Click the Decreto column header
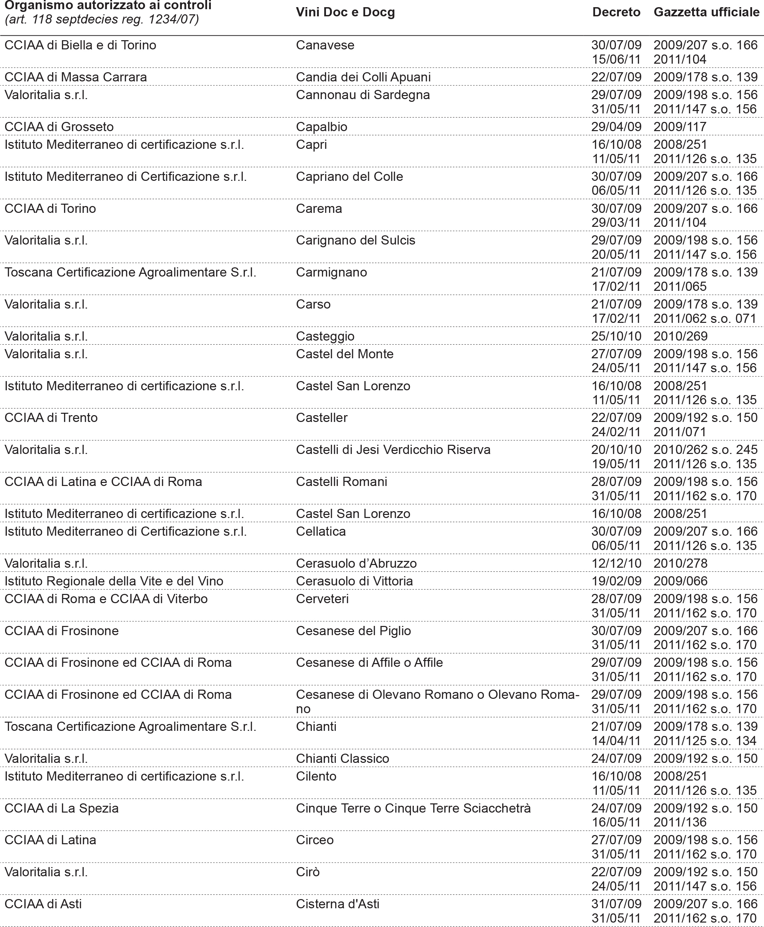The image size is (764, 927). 616,12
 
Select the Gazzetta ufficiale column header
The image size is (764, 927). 706,12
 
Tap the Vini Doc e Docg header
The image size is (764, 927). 345,12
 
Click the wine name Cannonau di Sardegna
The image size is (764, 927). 363,95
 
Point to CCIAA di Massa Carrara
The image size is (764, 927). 76,77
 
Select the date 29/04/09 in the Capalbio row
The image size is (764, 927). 616,127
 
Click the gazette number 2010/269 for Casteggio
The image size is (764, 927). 681,336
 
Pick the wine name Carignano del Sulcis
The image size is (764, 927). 356,240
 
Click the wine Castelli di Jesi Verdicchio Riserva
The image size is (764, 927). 393,450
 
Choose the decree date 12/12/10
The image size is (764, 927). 616,563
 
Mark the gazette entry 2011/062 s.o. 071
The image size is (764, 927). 705,318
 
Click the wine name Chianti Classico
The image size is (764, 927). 342,758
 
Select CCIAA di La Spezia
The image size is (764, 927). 62,808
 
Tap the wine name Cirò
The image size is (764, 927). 308,872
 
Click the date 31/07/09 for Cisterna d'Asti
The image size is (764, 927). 616,904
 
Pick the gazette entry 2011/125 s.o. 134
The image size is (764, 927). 705,741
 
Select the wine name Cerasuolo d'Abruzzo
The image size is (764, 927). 356,563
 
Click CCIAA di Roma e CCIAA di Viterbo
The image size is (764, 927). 106,599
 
